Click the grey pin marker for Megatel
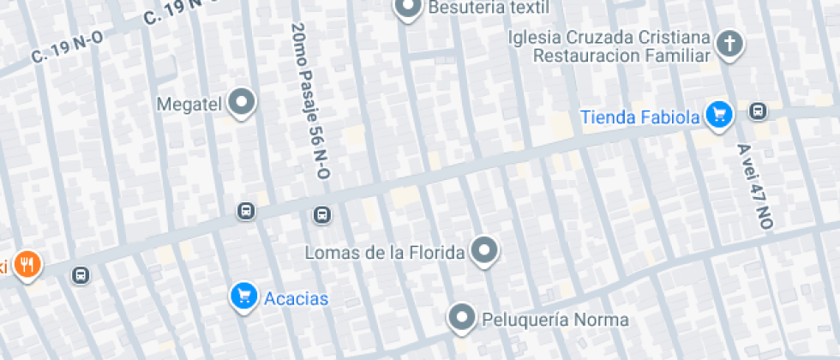pyautogui.click(x=243, y=103)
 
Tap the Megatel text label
pyautogui.click(x=190, y=105)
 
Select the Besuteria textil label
pyautogui.click(x=488, y=9)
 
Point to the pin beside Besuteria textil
pyautogui.click(x=406, y=9)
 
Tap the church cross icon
pyautogui.click(x=729, y=44)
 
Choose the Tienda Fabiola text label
pyautogui.click(x=640, y=117)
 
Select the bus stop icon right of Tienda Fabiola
pyautogui.click(x=758, y=111)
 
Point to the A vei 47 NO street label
pyautogui.click(x=755, y=185)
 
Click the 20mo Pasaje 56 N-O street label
pyautogui.click(x=310, y=101)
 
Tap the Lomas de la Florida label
pyautogui.click(x=386, y=253)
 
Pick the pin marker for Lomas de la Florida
pyautogui.click(x=486, y=250)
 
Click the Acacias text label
pyautogui.click(x=297, y=298)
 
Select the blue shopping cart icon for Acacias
pyautogui.click(x=244, y=297)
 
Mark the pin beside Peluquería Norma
pyautogui.click(x=463, y=318)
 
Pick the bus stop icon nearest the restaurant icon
pyautogui.click(x=81, y=276)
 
